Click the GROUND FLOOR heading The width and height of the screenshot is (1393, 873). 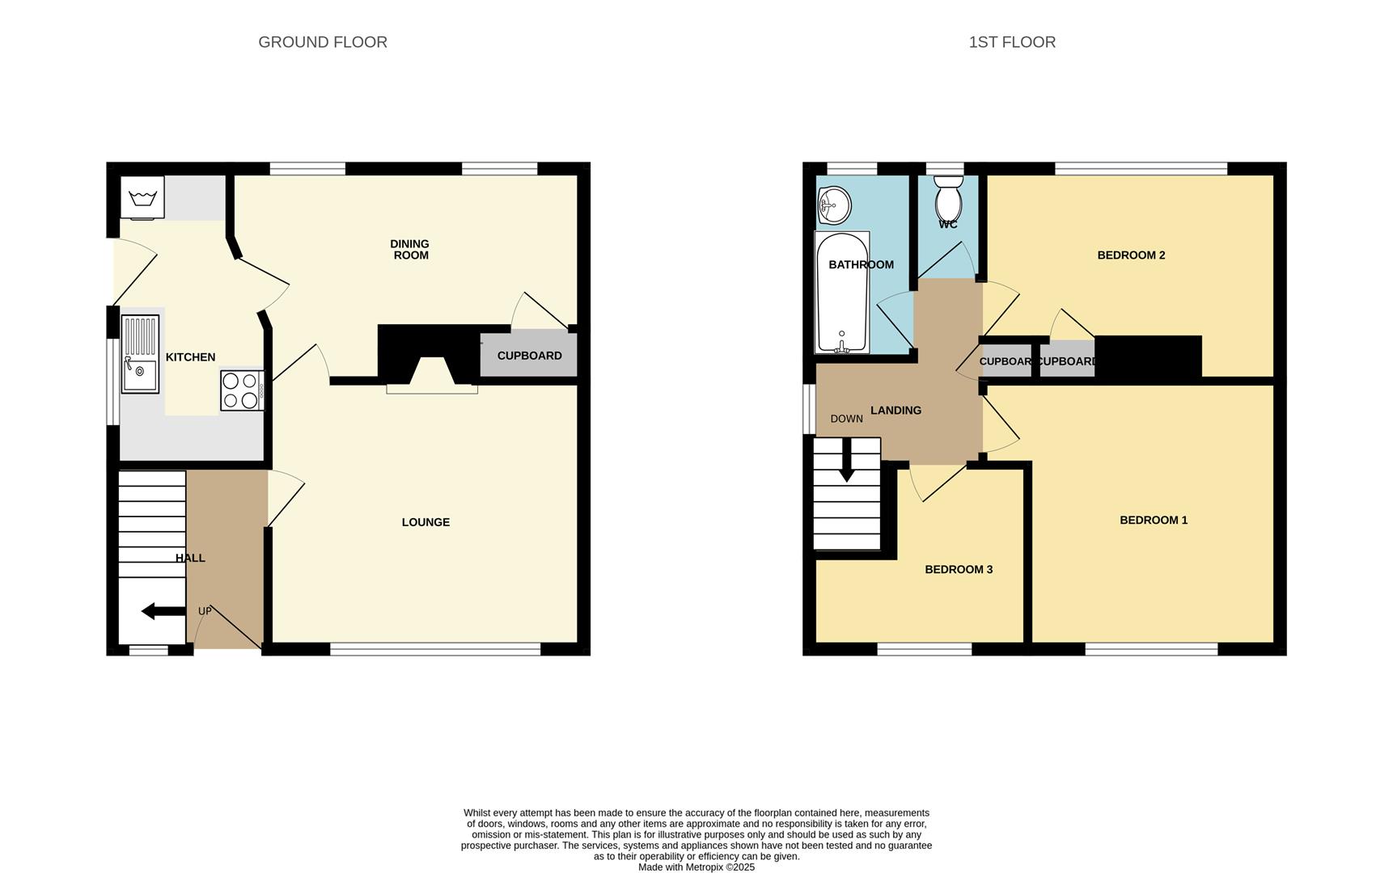coord(323,42)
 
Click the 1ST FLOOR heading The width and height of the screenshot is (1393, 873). coord(1012,42)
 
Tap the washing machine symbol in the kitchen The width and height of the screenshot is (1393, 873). coord(142,197)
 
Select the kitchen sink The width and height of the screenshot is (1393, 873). coord(140,354)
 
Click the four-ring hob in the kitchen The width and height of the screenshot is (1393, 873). coord(242,390)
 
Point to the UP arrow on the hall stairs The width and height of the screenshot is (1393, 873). coord(163,611)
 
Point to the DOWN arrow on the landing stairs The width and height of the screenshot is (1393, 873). coord(846,460)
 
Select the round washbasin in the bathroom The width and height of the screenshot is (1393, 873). coord(834,205)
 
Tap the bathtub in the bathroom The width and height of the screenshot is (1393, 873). coord(842,293)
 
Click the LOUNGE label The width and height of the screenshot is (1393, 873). coord(426,522)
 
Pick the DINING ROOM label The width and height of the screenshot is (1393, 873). coord(410,249)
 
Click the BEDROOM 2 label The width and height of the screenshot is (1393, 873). coord(1131,255)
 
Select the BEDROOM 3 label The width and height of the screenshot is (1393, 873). coord(959,569)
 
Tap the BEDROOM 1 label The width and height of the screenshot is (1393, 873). coord(1154,520)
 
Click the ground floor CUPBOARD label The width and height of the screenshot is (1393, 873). coord(529,356)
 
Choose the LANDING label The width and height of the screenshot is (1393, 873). coord(895,411)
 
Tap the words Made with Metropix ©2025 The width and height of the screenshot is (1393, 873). coord(696,867)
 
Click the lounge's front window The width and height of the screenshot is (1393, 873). coord(435,648)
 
